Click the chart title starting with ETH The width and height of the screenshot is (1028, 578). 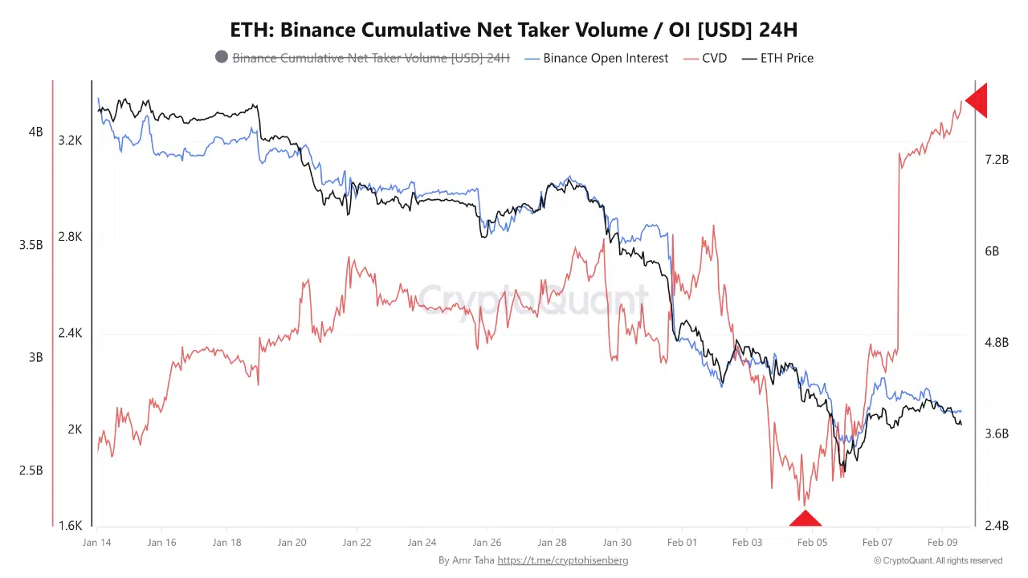coord(514,30)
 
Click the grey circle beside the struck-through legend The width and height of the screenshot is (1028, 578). coord(222,57)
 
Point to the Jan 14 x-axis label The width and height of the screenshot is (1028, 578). coord(96,543)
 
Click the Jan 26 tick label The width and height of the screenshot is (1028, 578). coord(487,543)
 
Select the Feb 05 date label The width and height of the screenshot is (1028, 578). coord(812,543)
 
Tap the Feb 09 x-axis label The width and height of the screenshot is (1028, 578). coord(942,543)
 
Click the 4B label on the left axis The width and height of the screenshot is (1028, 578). coord(35,132)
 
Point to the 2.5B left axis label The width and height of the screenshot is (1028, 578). coord(31,470)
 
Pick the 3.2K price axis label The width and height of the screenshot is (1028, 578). coord(70,140)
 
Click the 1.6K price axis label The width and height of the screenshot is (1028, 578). coord(70,526)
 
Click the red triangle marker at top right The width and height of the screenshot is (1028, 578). coord(977,101)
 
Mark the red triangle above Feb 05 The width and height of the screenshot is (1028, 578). coord(805,519)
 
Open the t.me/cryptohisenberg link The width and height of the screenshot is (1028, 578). coord(562,560)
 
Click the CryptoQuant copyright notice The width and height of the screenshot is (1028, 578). coord(937,560)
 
